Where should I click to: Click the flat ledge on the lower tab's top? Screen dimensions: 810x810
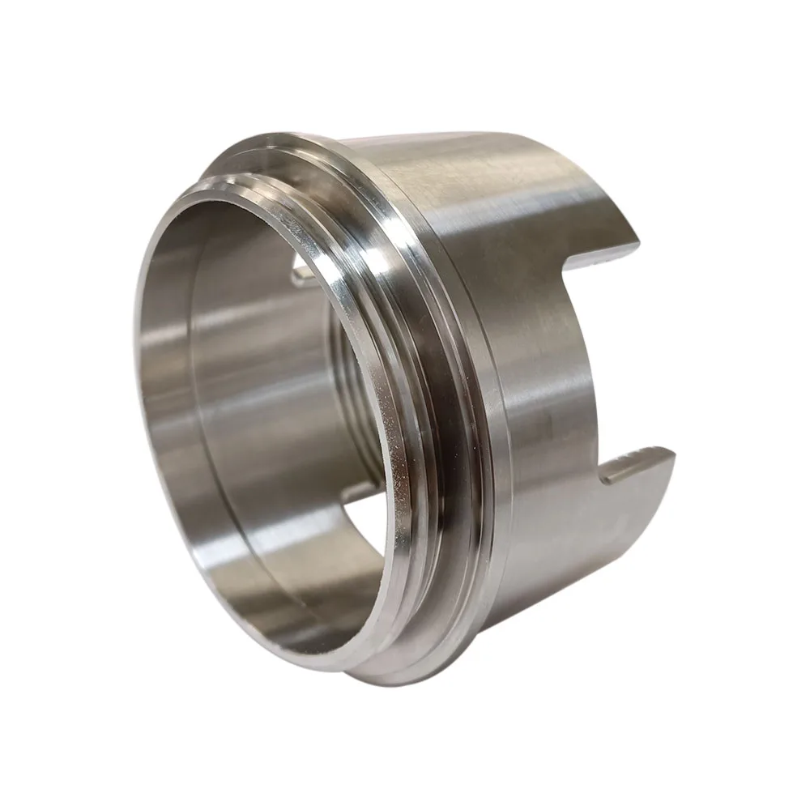pyautogui.click(x=640, y=464)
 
